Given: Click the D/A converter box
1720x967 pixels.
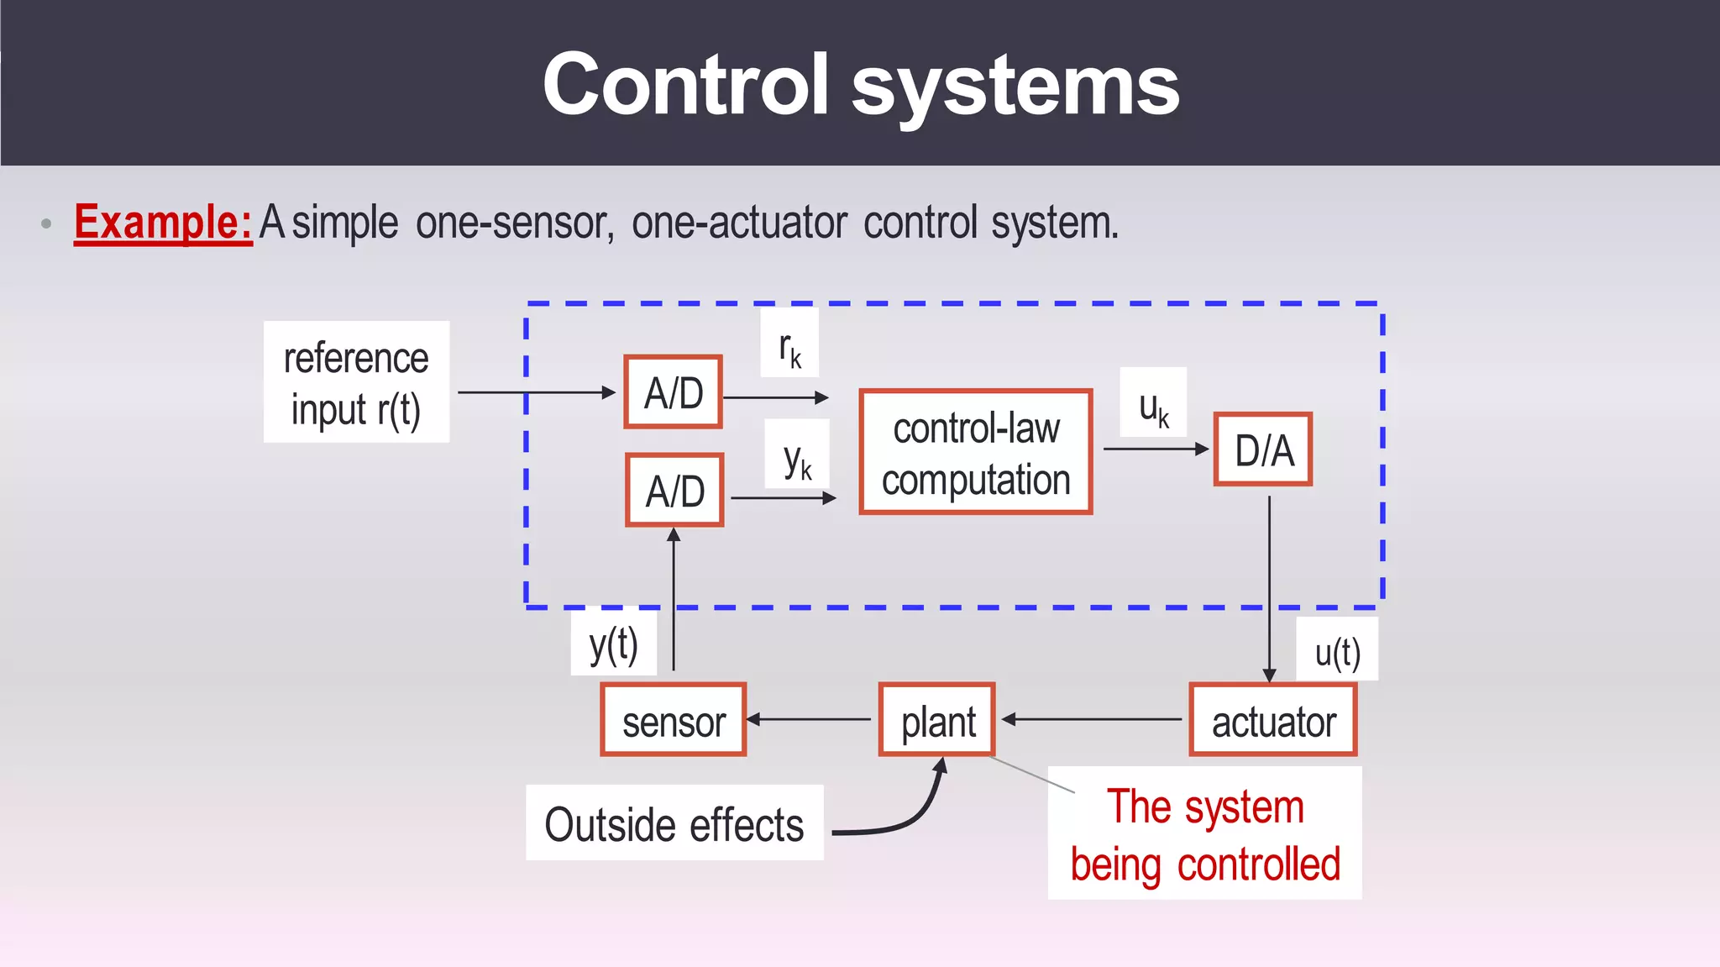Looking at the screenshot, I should click(x=1262, y=449).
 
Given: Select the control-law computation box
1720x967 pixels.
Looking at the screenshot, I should click(x=975, y=452).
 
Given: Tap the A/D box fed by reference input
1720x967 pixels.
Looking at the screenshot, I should click(x=673, y=392).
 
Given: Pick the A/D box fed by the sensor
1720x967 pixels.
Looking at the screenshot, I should click(x=674, y=491).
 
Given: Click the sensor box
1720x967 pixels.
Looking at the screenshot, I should click(x=673, y=721).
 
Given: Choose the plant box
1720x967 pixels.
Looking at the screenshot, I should click(x=937, y=721).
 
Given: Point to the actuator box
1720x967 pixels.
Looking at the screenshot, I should click(x=1272, y=721).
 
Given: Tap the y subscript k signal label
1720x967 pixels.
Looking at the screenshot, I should click(x=797, y=455).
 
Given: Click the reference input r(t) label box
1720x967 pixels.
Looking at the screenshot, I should click(x=356, y=382).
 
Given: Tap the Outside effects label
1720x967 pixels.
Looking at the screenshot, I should click(x=674, y=823).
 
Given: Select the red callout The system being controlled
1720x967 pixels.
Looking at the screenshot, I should click(x=1204, y=833).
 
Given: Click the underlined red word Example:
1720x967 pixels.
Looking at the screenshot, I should click(x=163, y=223).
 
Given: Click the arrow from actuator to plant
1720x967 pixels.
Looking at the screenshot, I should click(x=1092, y=719).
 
